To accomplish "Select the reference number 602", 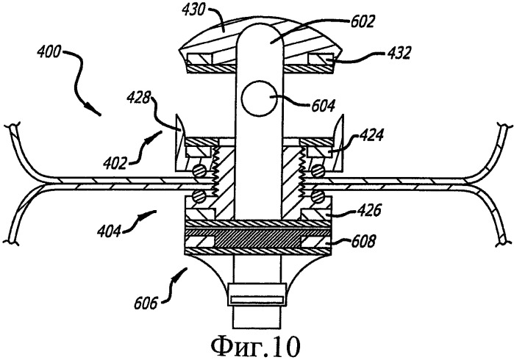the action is pos(362,22).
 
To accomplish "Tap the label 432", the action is pos(398,53).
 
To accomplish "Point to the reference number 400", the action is pos(49,51).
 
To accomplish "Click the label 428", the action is pos(139,98).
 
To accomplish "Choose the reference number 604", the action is pos(323,106).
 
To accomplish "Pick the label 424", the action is pos(371,135).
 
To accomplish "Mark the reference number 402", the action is pos(115,163).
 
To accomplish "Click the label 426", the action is pos(369,210).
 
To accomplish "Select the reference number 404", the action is pos(109,231).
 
